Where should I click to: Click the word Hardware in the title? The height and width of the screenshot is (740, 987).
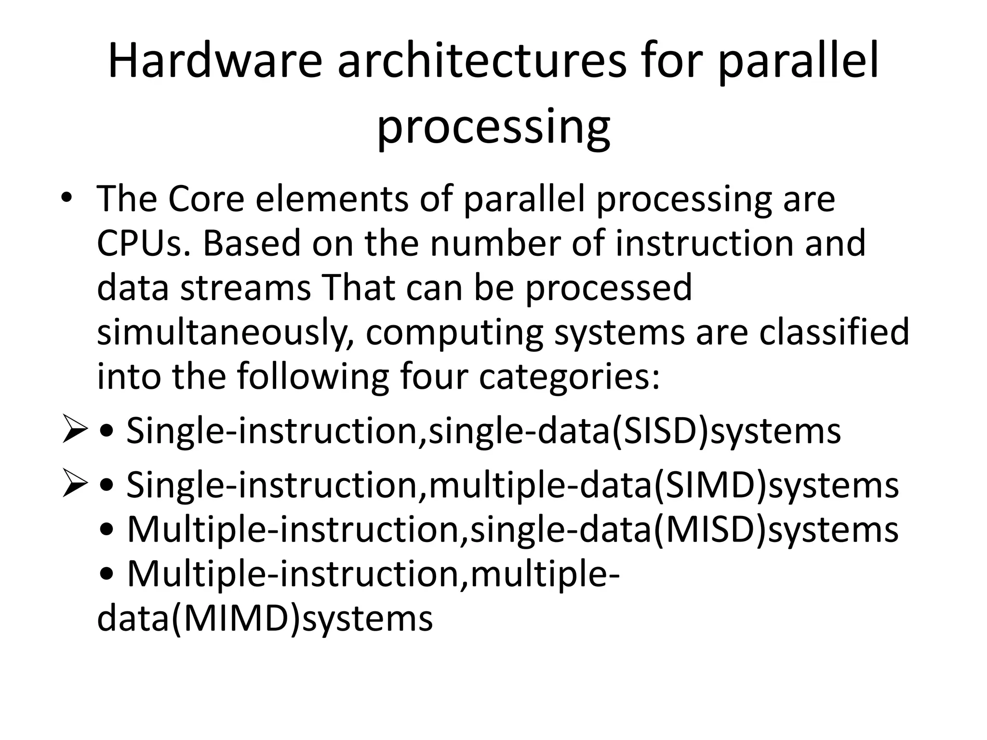click(215, 62)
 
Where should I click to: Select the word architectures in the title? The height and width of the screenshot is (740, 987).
click(481, 62)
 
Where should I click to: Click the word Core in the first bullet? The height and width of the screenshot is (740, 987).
click(206, 198)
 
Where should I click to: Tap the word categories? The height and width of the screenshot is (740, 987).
click(569, 377)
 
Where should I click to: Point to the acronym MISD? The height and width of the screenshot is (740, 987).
click(709, 529)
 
